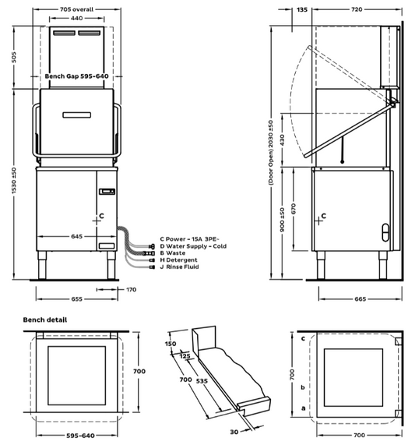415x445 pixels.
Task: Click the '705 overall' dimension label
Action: [x=76, y=9]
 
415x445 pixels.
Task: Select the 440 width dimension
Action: [x=76, y=19]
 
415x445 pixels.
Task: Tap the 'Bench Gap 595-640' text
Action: [x=76, y=76]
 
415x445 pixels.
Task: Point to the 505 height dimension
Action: [x=14, y=57]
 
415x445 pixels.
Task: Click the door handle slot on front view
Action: [x=77, y=115]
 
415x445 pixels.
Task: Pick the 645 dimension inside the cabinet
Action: [x=77, y=236]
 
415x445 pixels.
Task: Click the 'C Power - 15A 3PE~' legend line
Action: [x=189, y=239]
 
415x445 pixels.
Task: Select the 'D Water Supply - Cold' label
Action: [x=193, y=246]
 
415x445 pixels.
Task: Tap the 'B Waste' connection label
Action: [x=172, y=253]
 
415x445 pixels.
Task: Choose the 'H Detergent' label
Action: [x=178, y=260]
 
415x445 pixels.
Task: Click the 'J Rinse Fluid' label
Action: [x=179, y=267]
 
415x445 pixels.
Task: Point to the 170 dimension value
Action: [x=132, y=290]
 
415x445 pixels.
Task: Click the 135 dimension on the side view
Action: [x=302, y=10]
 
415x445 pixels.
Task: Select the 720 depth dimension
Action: [x=357, y=9]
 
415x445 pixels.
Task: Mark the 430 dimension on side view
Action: [x=282, y=140]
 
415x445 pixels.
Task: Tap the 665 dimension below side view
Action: [x=360, y=299]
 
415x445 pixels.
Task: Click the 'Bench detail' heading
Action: [x=45, y=320]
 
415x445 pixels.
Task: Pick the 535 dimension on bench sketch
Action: [x=202, y=381]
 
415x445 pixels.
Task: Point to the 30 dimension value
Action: [x=234, y=432]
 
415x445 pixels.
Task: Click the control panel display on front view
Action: [x=107, y=192]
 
